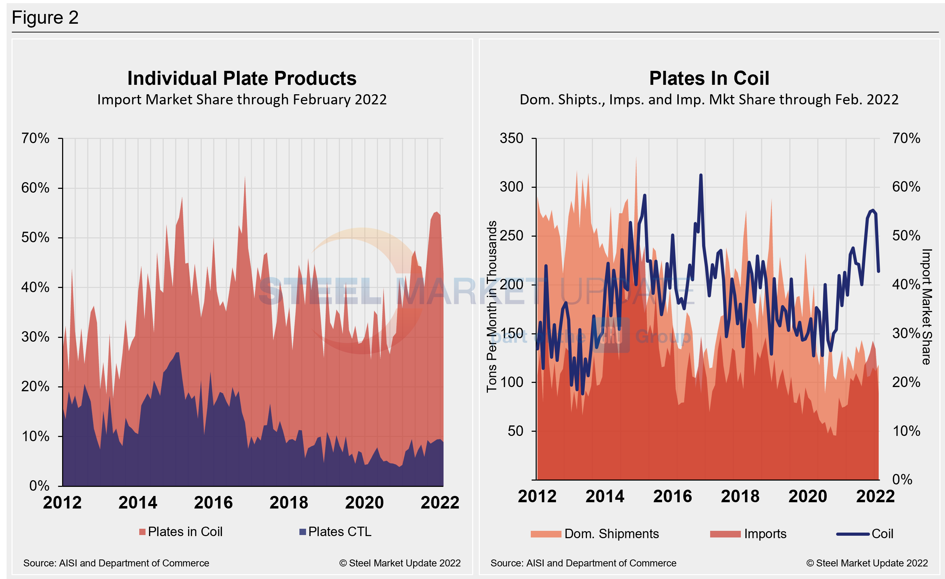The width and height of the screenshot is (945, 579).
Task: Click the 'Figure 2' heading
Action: (45, 18)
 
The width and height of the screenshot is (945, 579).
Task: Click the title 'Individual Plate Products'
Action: (241, 78)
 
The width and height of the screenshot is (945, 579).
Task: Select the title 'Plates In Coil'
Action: (709, 78)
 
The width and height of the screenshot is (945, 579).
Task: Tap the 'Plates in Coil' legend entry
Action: (181, 532)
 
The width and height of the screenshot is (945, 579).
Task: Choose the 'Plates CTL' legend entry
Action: (336, 532)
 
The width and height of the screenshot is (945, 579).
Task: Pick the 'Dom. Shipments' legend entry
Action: (595, 534)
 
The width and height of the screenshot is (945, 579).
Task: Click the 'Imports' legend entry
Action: (748, 534)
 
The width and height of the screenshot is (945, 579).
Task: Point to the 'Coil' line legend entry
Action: (865, 534)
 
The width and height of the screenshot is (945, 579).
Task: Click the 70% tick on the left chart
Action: (35, 138)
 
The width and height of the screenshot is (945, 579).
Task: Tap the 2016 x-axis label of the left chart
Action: (213, 502)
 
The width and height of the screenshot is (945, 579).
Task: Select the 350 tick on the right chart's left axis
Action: (511, 138)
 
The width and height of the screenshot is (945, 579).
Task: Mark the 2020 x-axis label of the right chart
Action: (808, 496)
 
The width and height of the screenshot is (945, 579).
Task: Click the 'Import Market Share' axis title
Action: (927, 307)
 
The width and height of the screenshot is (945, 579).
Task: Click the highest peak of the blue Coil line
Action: (701, 175)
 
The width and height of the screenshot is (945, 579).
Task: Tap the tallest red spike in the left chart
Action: (245, 178)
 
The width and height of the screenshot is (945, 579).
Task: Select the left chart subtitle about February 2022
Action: (241, 100)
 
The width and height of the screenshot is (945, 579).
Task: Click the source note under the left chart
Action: (116, 563)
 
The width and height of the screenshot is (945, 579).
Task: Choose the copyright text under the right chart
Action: (867, 563)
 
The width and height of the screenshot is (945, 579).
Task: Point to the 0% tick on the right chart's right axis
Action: (902, 479)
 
